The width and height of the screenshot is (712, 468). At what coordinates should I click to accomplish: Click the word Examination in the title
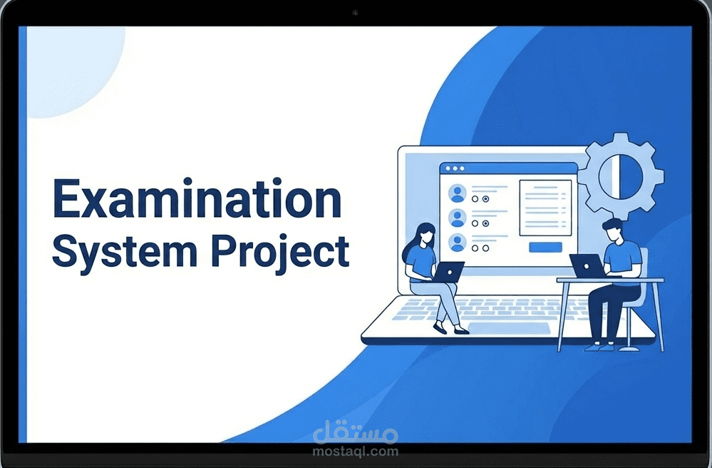(x=197, y=200)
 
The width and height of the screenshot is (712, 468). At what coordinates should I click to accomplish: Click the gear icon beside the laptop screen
(x=620, y=175)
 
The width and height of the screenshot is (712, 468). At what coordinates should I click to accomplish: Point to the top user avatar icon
(x=458, y=193)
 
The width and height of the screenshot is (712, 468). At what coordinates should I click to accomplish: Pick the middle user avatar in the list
(x=458, y=218)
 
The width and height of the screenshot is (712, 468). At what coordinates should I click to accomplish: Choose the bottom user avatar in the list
(x=458, y=243)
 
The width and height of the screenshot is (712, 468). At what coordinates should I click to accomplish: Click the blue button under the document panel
(x=545, y=248)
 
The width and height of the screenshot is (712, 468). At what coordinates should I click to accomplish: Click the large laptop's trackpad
(x=509, y=328)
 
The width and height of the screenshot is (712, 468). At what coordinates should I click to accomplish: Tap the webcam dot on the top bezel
(x=354, y=13)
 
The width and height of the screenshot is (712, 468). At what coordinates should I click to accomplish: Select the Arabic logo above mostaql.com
(x=356, y=432)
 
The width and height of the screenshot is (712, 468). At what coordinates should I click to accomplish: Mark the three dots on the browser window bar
(x=453, y=168)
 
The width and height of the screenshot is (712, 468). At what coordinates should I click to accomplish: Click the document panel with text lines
(x=545, y=207)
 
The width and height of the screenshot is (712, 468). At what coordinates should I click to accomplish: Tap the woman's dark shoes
(x=450, y=330)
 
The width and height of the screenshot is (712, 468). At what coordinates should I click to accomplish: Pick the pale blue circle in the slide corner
(x=68, y=68)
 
